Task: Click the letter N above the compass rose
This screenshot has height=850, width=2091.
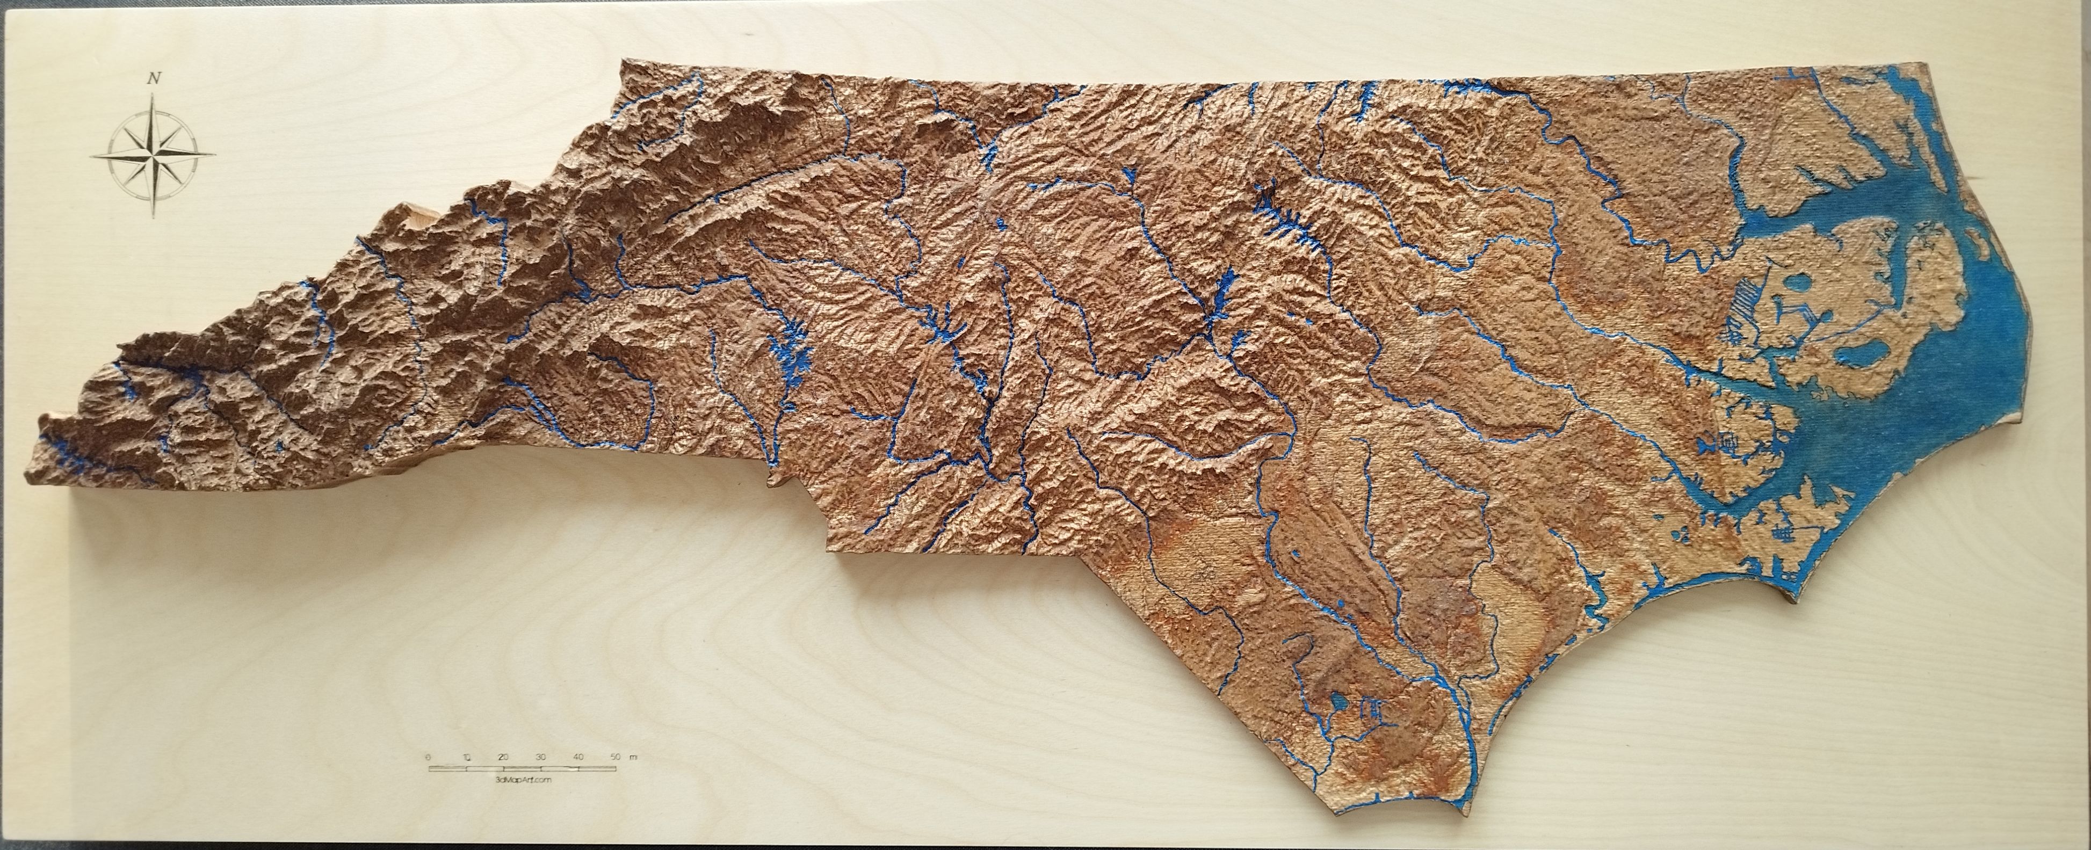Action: point(153,79)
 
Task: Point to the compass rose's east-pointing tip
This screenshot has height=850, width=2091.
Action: point(216,152)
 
